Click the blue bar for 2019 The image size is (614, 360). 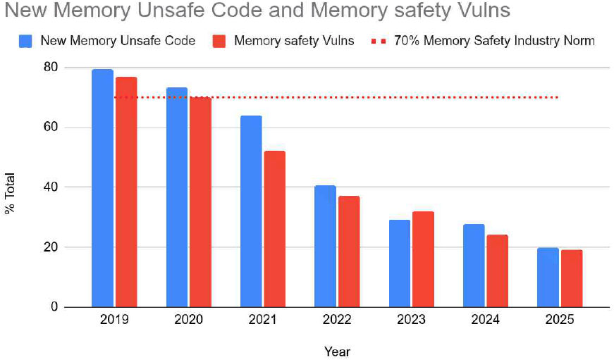103,188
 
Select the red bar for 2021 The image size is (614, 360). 274,229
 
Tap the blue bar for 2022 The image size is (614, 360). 326,246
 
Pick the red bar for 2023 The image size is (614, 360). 423,259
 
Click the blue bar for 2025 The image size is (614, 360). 548,278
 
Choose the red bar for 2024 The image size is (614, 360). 497,271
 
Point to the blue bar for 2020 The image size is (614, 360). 177,197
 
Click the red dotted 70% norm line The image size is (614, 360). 336,97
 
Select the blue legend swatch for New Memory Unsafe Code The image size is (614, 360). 25,41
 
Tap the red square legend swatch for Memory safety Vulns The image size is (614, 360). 219,41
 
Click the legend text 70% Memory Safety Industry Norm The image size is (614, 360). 495,41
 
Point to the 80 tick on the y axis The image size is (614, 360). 51,68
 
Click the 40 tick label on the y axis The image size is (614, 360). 51,187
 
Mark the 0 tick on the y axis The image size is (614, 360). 54,307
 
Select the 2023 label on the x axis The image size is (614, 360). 411,319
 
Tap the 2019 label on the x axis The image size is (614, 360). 114,319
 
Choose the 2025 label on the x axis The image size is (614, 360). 560,319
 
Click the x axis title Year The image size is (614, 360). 337,352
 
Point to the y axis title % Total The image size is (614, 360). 10,193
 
